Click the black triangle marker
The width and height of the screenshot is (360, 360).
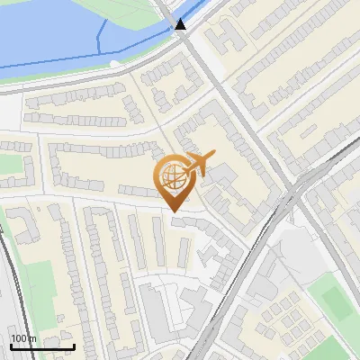[181, 24]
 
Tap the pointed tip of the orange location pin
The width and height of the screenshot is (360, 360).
[174, 211]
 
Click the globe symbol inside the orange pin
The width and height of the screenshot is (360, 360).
[173, 179]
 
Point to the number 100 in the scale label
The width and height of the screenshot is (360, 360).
[19, 338]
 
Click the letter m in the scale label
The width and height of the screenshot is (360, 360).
[32, 338]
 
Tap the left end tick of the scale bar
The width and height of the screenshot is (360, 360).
[11, 346]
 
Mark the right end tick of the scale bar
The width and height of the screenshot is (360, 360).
[74, 346]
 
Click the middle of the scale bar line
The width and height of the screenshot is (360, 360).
[42, 347]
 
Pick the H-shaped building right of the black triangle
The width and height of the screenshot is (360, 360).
[225, 36]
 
